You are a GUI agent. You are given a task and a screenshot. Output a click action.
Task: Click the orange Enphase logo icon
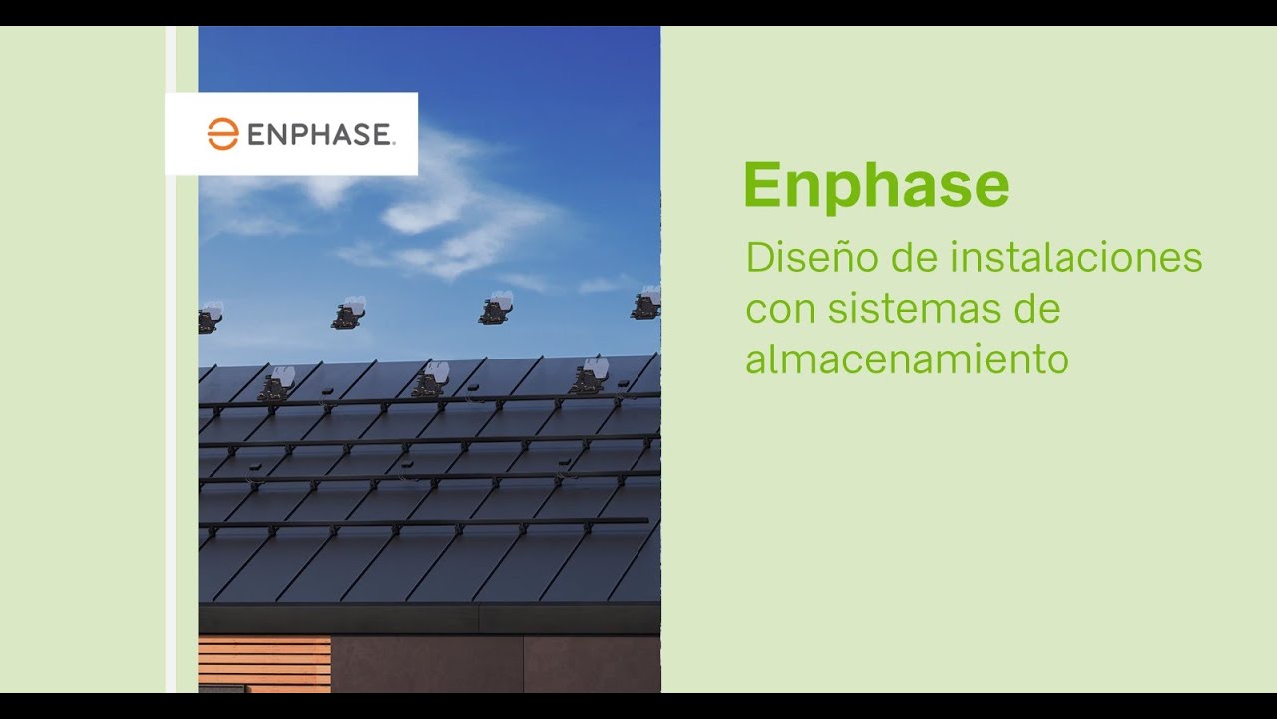click(222, 134)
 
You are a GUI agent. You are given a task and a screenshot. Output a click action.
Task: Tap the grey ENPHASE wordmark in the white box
click(320, 135)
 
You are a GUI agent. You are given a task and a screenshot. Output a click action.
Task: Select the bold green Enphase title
click(875, 185)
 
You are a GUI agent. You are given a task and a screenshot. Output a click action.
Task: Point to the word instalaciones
click(1075, 257)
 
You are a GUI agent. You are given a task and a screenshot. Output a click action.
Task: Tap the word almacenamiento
click(906, 359)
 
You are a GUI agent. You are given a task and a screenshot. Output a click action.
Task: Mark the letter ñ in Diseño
click(832, 258)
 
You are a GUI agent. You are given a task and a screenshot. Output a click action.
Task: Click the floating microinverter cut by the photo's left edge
click(209, 318)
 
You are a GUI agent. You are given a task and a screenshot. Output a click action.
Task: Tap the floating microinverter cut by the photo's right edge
click(646, 303)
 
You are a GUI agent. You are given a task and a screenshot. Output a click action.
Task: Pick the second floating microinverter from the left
click(349, 313)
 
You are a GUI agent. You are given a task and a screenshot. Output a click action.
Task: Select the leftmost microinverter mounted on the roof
click(276, 385)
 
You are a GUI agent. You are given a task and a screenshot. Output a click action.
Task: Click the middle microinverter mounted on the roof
click(431, 381)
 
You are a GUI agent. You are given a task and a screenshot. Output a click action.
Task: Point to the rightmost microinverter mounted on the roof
click(588, 378)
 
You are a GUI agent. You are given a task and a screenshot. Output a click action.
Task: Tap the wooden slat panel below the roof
click(264, 661)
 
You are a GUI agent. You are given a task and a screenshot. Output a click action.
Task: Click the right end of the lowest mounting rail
click(644, 520)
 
